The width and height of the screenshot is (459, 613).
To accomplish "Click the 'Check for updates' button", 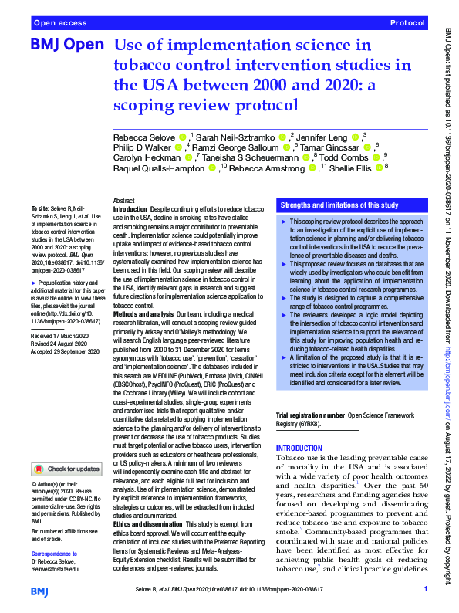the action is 66,468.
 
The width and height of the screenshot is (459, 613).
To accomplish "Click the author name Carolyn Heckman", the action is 142,157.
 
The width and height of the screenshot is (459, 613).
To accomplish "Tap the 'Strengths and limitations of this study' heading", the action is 339,205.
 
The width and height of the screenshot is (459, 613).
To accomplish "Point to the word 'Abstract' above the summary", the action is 123,199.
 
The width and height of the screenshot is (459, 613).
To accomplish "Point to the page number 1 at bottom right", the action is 425,589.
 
